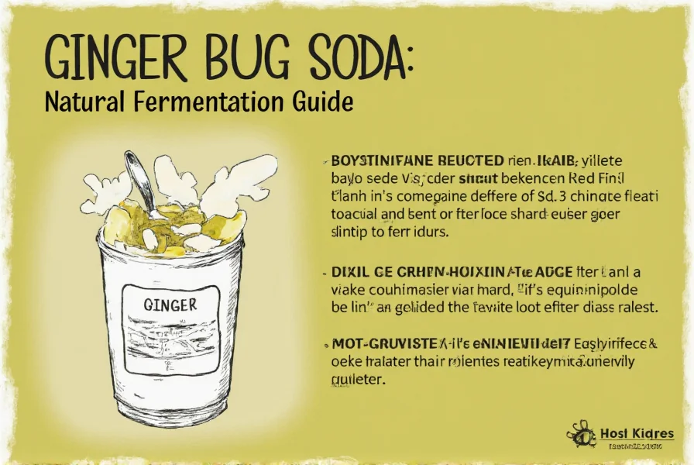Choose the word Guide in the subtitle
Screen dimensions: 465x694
[324, 102]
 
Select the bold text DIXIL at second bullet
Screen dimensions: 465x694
[349, 272]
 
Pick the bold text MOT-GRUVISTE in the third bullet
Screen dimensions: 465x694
[379, 344]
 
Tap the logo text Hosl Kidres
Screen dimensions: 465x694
[637, 433]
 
